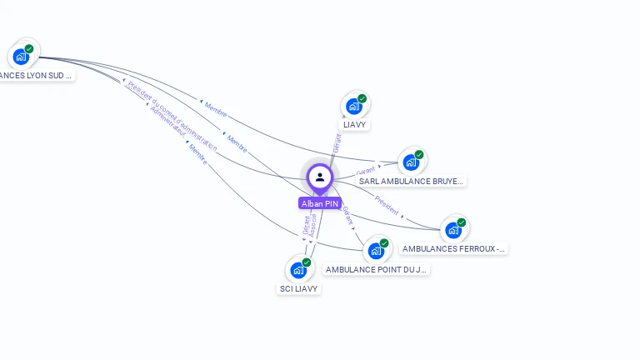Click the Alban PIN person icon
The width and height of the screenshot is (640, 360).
pyautogui.click(x=320, y=177)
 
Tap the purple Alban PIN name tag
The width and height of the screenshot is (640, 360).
pyautogui.click(x=320, y=203)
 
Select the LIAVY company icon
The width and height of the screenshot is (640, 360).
pyautogui.click(x=354, y=107)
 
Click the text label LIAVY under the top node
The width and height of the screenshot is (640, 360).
pyautogui.click(x=355, y=125)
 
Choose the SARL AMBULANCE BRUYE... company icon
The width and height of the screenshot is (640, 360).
pyautogui.click(x=411, y=162)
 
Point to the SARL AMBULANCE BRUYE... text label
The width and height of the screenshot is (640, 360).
pyautogui.click(x=411, y=181)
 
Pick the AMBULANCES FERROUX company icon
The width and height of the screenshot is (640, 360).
pyautogui.click(x=453, y=230)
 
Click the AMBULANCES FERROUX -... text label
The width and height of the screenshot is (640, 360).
pyautogui.click(x=453, y=248)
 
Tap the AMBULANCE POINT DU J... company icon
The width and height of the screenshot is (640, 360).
pyautogui.click(x=376, y=251)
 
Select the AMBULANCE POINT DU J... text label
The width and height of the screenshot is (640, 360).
pyautogui.click(x=377, y=269)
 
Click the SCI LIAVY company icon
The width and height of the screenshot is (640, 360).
pyautogui.click(x=298, y=271)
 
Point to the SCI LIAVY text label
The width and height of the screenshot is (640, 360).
pyautogui.click(x=298, y=288)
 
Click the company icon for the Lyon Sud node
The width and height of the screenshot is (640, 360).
pyautogui.click(x=21, y=57)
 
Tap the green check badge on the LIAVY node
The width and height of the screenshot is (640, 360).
pyautogui.click(x=362, y=98)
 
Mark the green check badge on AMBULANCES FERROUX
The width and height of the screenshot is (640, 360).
pyautogui.click(x=462, y=222)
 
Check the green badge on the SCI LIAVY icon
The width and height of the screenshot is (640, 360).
pyautogui.click(x=307, y=262)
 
